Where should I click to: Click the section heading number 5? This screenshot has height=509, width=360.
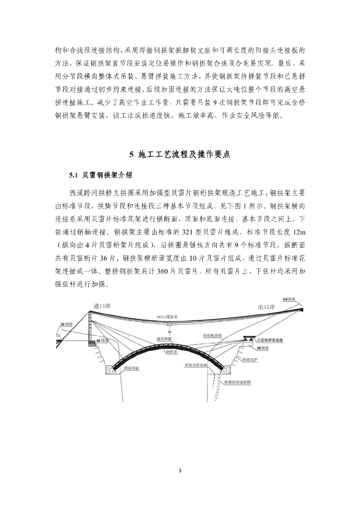point(131,155)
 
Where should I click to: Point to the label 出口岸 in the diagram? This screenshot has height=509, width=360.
point(266,308)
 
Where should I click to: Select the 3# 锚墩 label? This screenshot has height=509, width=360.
point(66,324)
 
